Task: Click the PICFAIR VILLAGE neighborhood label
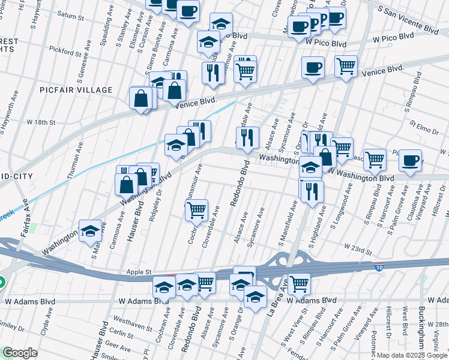76,90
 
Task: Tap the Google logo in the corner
20,353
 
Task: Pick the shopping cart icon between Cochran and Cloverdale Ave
196,210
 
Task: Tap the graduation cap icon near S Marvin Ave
90,231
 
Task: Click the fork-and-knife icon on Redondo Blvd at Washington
247,138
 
